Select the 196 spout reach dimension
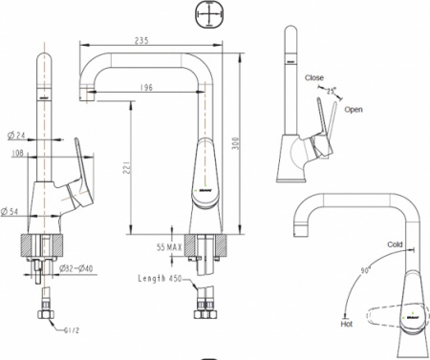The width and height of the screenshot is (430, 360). point(146,88)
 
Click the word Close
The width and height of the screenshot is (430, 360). point(314,76)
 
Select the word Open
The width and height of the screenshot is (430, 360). point(354,110)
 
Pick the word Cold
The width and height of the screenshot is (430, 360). point(395,244)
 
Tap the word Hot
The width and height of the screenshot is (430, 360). point(346,325)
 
